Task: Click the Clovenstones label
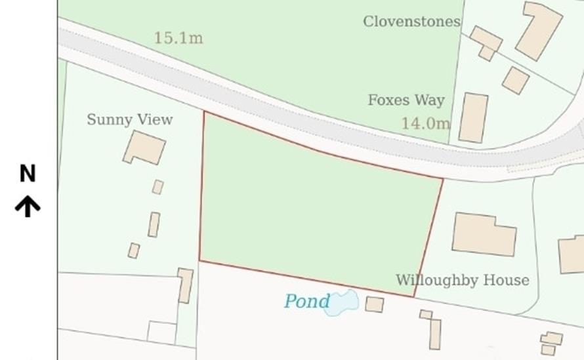pyautogui.click(x=411, y=22)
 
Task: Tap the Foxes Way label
pyautogui.click(x=406, y=100)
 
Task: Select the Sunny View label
pyautogui.click(x=129, y=119)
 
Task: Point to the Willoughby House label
pyautogui.click(x=462, y=281)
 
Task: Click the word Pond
pyautogui.click(x=306, y=301)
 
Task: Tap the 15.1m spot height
pyautogui.click(x=178, y=38)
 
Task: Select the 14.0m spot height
pyautogui.click(x=425, y=123)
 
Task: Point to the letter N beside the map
pyautogui.click(x=28, y=174)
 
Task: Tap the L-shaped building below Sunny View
pyautogui.click(x=144, y=148)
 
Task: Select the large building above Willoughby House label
pyautogui.click(x=484, y=234)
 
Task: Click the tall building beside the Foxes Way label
pyautogui.click(x=473, y=118)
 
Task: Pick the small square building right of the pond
pyautogui.click(x=375, y=304)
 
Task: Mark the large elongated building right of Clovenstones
pyautogui.click(x=539, y=31)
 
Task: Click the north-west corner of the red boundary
pyautogui.click(x=204, y=112)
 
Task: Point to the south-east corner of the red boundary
pyautogui.click(x=414, y=296)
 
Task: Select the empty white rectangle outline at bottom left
pyautogui.click(x=161, y=332)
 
